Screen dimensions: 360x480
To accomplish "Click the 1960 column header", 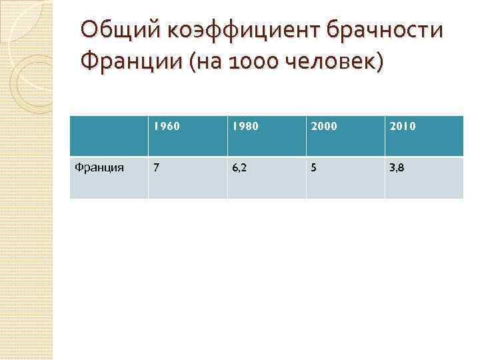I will (x=166, y=125).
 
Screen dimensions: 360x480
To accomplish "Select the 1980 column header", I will (x=245, y=125).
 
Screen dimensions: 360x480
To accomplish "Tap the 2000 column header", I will (x=323, y=125).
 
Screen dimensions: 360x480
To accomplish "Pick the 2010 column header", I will (x=402, y=125).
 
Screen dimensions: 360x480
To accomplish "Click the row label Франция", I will (x=99, y=168).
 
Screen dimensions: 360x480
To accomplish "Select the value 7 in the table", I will (x=156, y=168).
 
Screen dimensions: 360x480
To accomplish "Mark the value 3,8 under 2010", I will (x=397, y=168).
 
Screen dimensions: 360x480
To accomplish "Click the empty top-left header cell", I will (x=109, y=137).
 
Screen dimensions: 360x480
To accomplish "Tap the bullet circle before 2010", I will (x=390, y=125).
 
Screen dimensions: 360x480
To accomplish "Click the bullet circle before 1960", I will (x=154, y=125).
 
